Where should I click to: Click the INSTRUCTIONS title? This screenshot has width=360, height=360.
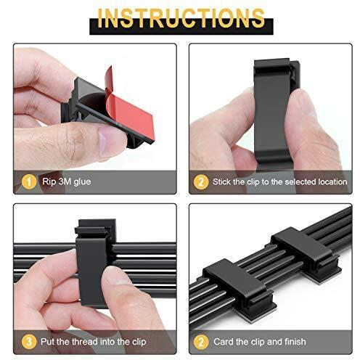pos(181,18)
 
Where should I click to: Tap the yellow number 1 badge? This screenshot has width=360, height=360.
pos(29,181)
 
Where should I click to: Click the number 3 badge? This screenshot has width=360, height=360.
pos(29,342)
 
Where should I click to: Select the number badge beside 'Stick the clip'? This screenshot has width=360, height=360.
pos(201,181)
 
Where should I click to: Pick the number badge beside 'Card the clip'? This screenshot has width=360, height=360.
pos(201,342)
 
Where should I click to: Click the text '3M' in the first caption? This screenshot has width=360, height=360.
pos(65,181)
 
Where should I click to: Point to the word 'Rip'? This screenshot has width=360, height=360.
pos(49,181)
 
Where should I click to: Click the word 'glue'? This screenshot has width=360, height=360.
pos(82,181)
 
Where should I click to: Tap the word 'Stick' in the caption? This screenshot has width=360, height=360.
pos(221,181)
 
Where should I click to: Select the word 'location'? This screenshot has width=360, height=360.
pos(332,181)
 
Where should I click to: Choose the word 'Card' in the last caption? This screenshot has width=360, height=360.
pos(223,342)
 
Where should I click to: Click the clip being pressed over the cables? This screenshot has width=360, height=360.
pos(94,263)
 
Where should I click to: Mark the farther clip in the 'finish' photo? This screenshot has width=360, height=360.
pos(306,254)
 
